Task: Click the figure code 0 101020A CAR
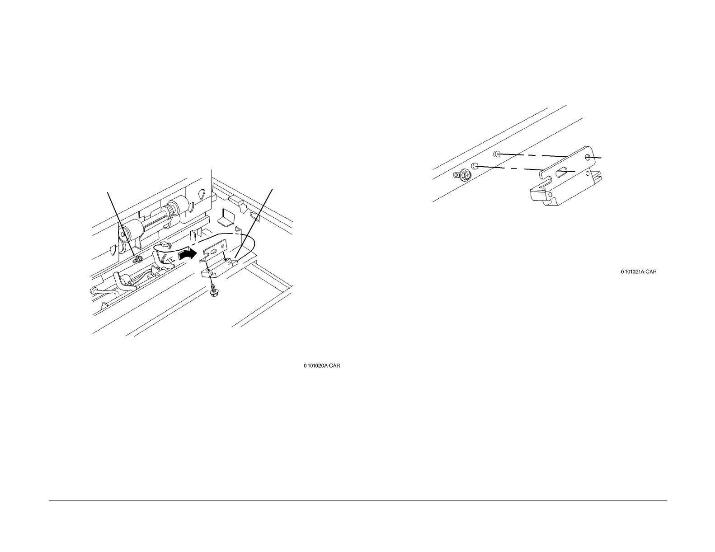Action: point(321,366)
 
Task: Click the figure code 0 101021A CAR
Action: point(638,272)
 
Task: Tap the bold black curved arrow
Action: point(188,255)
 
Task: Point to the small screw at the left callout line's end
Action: point(139,258)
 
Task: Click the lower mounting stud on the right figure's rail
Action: point(475,167)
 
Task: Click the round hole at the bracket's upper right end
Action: point(588,157)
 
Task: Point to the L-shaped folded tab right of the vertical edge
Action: point(225,218)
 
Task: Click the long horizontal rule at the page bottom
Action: point(357,501)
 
